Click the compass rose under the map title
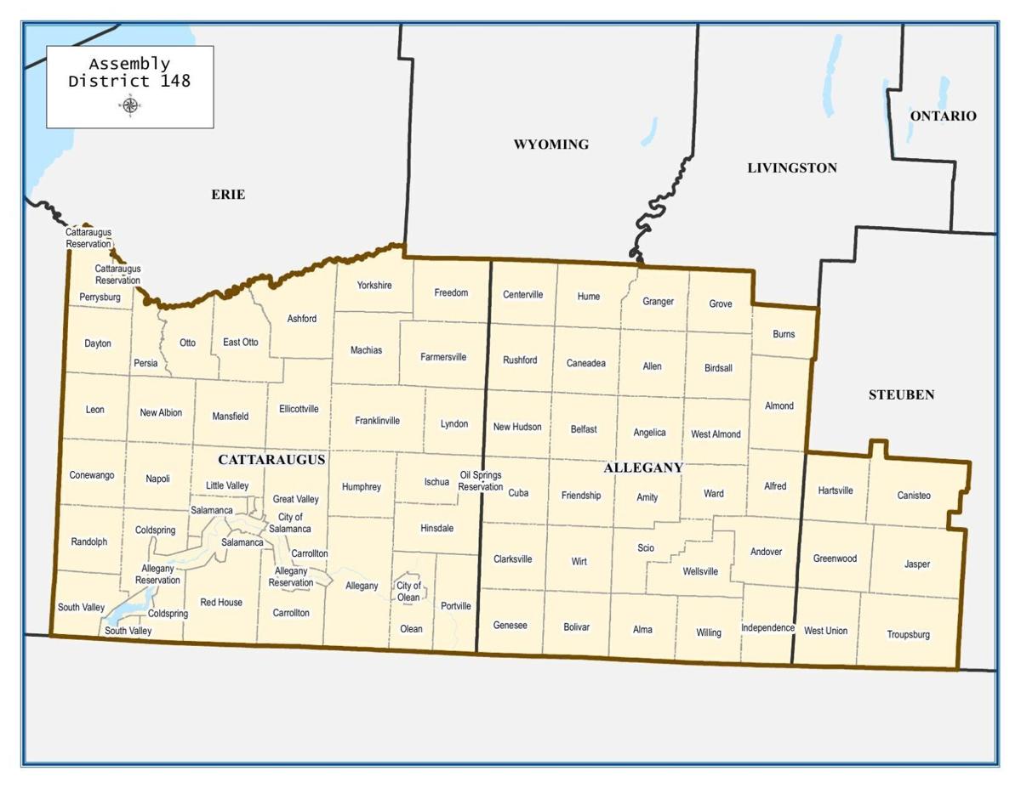pos(130,105)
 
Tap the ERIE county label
pos(228,195)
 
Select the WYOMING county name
pos(550,145)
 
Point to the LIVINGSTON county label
pos(791,167)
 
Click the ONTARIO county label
pos(943,116)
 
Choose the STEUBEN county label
pos(901,394)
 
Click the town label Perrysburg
pos(100,298)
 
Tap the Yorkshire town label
pos(374,286)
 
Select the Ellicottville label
pos(299,409)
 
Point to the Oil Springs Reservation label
pos(480,481)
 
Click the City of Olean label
pos(408,592)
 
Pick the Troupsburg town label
pos(908,635)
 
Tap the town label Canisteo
pos(914,496)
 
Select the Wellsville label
pos(700,571)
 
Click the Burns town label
pos(784,334)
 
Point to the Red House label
pos(221,603)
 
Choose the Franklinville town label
pos(377,421)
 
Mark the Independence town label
pos(767,628)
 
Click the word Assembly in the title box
pos(129,64)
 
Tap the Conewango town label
pos(92,475)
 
